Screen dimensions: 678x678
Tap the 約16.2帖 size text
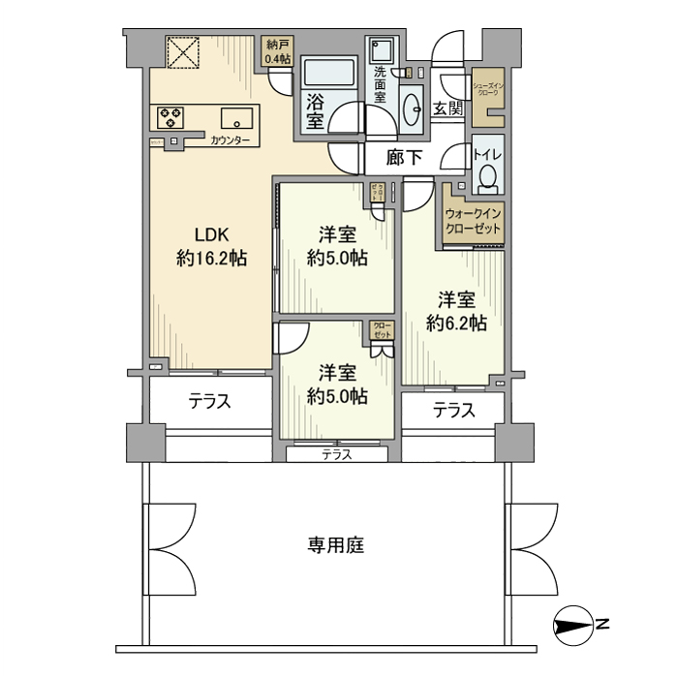coord(210,259)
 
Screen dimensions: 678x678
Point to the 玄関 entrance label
coord(447,108)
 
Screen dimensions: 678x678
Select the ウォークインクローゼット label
coord(474,222)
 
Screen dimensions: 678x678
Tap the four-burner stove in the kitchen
coord(171,118)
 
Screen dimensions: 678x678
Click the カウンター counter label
coord(230,141)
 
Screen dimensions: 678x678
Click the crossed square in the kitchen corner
coord(181,52)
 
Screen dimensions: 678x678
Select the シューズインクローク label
coord(487,89)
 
